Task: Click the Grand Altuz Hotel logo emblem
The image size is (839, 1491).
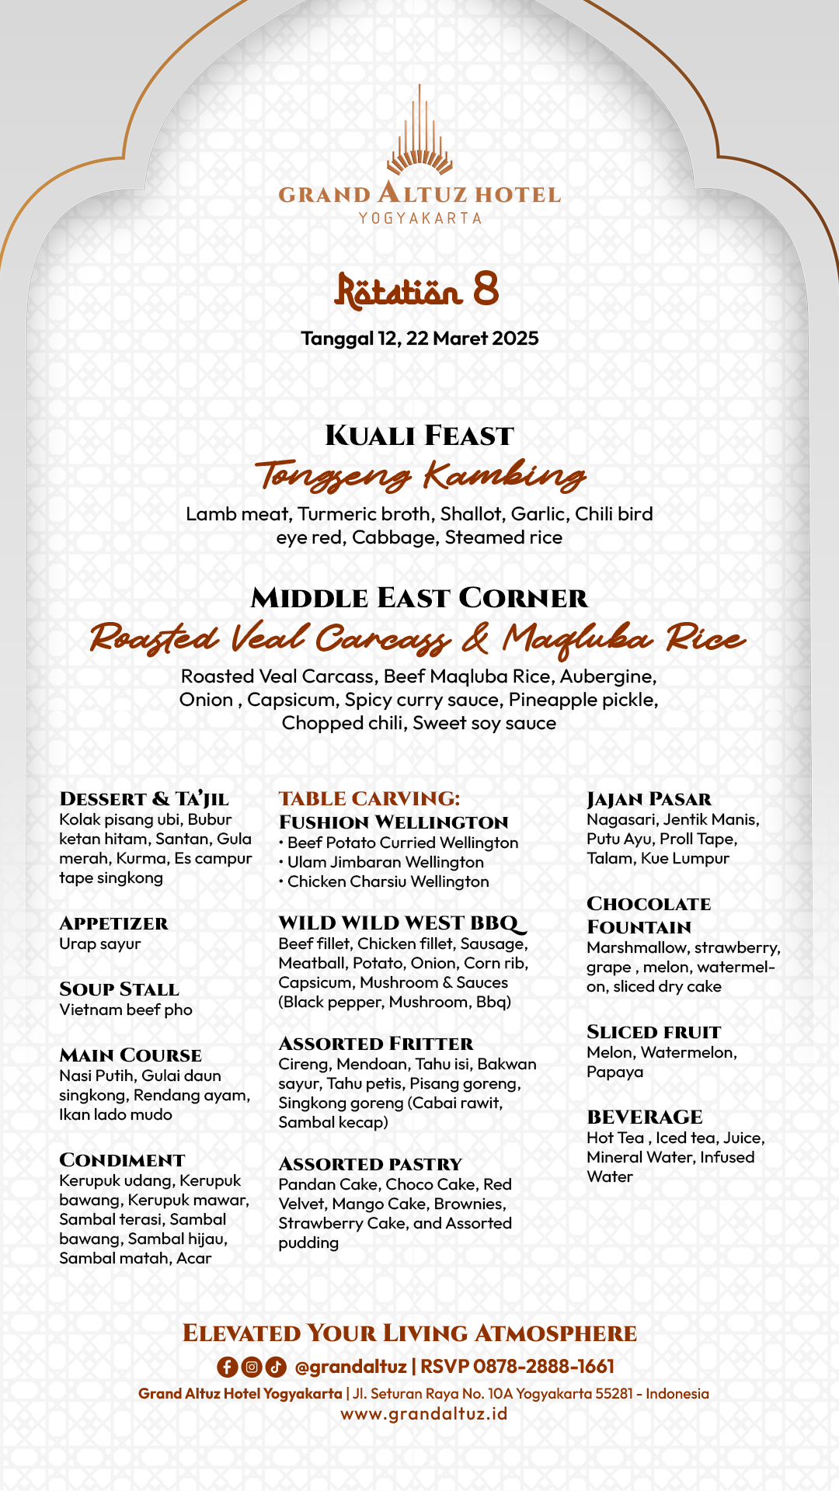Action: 419,132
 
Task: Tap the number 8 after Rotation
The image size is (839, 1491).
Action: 486,289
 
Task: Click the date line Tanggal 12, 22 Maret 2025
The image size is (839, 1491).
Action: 419,339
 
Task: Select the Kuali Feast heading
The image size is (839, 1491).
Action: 419,436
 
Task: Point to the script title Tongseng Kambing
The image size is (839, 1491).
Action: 419,474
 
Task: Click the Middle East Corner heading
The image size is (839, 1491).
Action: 419,598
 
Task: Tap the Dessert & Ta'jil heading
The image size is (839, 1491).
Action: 144,799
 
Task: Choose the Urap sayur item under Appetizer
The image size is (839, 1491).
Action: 100,944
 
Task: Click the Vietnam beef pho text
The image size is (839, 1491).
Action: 126,1010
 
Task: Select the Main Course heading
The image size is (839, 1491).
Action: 131,1055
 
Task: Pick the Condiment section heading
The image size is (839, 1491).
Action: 122,1160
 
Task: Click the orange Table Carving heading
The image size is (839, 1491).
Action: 369,798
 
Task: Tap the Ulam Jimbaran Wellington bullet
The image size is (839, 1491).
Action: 385,862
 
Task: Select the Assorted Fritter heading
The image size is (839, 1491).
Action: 376,1044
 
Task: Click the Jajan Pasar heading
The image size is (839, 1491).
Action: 649,799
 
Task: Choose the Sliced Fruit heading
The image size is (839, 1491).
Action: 653,1032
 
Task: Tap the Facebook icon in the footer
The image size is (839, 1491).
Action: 227,1367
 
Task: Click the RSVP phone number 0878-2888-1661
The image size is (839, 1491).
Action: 543,1367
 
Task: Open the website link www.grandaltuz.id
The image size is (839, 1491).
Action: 424,1414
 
